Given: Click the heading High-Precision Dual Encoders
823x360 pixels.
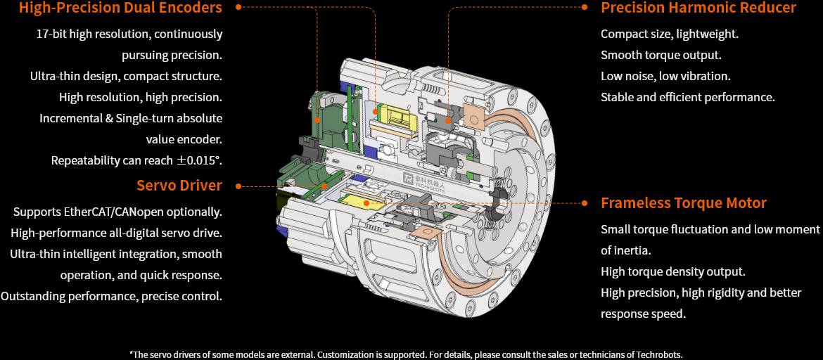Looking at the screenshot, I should point(120,8).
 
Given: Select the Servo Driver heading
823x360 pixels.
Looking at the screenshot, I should point(179,186).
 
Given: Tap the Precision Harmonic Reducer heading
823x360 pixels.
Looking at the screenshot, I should point(698,8).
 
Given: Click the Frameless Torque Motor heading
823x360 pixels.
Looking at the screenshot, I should point(683,203).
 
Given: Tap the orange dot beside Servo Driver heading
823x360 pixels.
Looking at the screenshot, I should point(238,186).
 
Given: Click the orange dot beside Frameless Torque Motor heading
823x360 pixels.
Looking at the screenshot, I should point(585,202).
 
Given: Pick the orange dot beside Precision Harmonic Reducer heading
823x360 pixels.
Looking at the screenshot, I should point(585,7).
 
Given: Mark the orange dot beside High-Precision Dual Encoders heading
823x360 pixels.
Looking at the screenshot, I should point(238,7).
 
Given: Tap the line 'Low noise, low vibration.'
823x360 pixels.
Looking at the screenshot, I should point(665,76).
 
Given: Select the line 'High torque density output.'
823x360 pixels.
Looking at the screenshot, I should point(672,271).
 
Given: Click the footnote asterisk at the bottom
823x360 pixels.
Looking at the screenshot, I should point(131,354).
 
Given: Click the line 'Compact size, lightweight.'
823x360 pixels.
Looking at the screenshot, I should point(669,34).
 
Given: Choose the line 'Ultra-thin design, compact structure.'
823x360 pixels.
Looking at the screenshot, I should point(126,76).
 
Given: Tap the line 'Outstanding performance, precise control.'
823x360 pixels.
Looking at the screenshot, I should point(111,296).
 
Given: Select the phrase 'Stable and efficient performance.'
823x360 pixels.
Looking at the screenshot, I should point(687,97).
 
